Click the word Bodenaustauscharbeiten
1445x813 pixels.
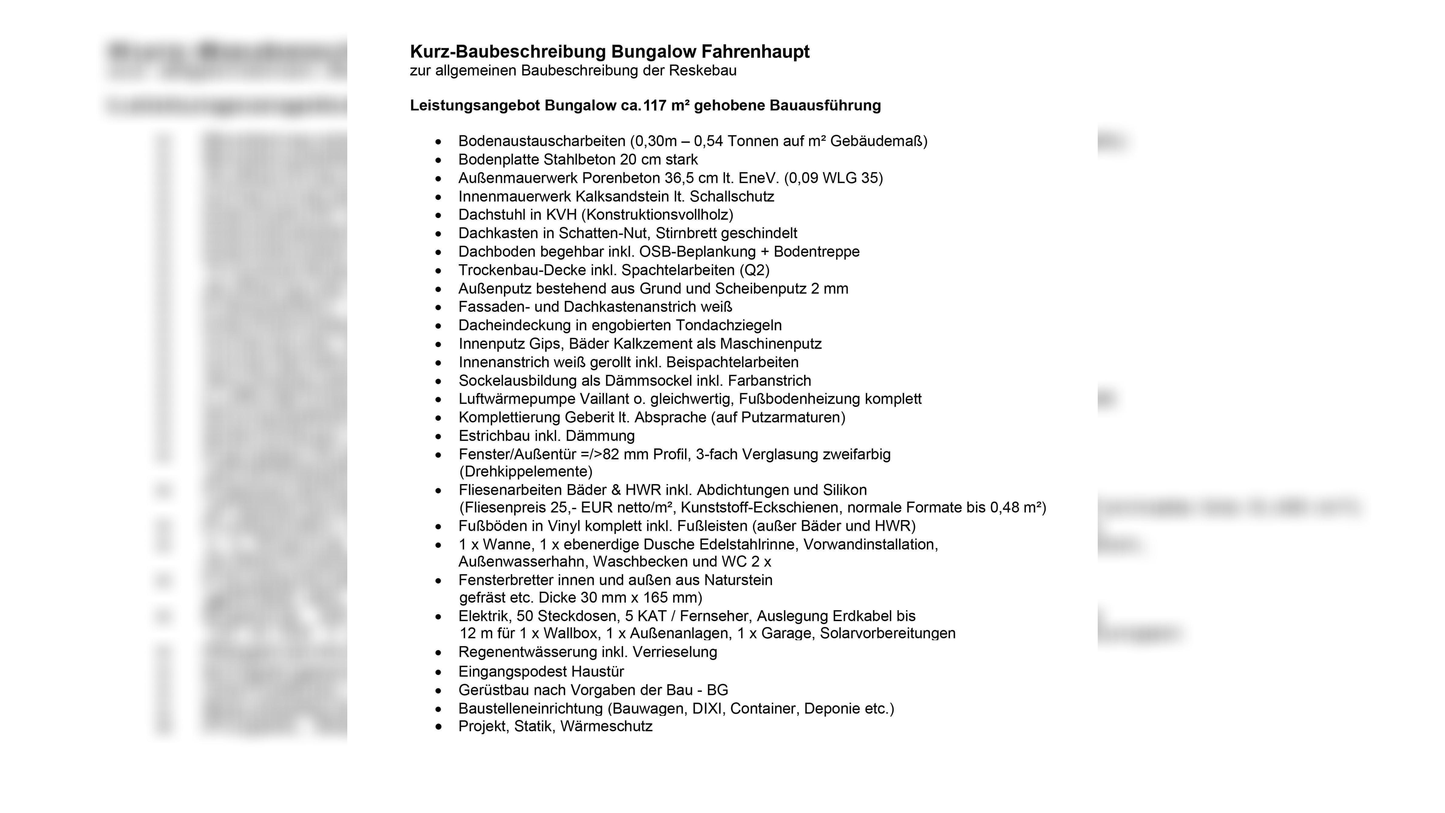(x=542, y=141)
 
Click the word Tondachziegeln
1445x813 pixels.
(x=729, y=326)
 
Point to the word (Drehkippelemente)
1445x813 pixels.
(x=525, y=471)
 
